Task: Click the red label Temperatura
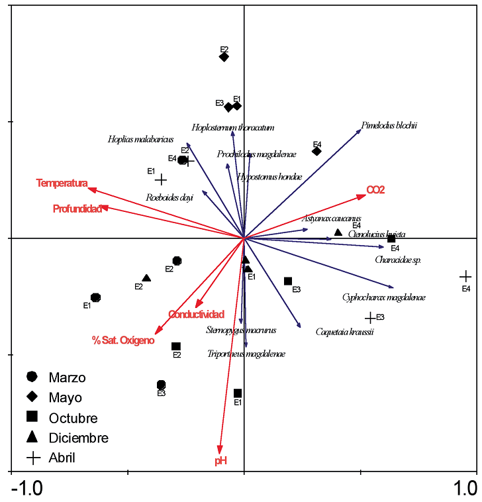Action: click(62, 183)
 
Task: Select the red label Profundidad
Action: click(77, 209)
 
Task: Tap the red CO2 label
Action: click(376, 190)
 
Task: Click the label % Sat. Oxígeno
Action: click(123, 340)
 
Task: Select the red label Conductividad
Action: click(196, 314)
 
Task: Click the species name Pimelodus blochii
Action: click(389, 125)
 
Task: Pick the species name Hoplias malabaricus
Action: click(140, 139)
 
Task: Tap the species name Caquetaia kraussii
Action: click(344, 332)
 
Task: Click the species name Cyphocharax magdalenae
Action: click(384, 297)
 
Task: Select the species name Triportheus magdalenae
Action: click(246, 354)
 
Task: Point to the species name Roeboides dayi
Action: click(169, 197)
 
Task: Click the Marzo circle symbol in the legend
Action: click(31, 377)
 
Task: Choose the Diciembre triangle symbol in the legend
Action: click(31, 437)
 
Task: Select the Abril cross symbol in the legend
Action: click(31, 457)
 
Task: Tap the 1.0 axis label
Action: click(465, 489)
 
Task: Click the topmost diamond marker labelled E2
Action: click(224, 57)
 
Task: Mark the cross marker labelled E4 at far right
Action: click(465, 276)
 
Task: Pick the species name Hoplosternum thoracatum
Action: click(233, 128)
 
